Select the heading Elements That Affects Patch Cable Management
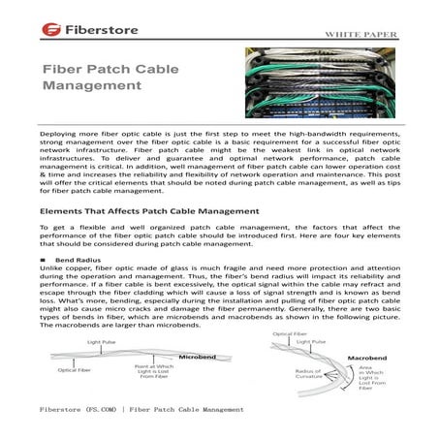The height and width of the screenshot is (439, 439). [x=150, y=208]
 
